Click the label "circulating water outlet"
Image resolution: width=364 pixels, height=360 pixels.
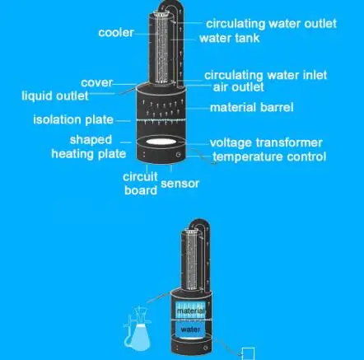(271, 24)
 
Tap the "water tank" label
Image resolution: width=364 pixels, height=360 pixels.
(230, 38)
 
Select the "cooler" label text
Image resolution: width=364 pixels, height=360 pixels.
(116, 33)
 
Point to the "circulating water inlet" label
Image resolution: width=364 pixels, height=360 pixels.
(266, 75)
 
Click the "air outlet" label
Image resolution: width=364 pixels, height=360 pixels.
(238, 87)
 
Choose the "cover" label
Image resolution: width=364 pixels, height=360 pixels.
(97, 82)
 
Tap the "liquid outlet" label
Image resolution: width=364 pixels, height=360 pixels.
(55, 96)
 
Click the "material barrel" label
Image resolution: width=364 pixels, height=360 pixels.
(252, 107)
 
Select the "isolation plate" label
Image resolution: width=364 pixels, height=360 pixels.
(73, 120)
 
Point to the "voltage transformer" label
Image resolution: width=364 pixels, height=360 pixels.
(266, 143)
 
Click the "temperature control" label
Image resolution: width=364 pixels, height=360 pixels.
(269, 157)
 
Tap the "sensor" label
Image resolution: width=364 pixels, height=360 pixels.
(180, 184)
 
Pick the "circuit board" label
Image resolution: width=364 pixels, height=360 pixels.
(140, 184)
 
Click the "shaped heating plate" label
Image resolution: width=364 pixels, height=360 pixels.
(89, 147)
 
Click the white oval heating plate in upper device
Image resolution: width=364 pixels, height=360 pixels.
(161, 142)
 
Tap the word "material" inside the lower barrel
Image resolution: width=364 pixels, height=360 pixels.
(191, 311)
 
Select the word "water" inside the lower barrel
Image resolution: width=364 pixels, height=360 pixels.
(190, 330)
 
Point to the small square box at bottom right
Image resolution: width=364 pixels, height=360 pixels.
(248, 353)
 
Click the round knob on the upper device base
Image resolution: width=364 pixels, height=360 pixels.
(178, 155)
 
